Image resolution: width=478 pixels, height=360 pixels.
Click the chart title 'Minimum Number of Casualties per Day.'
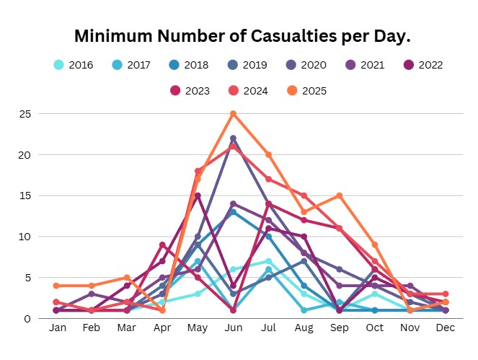point(239,35)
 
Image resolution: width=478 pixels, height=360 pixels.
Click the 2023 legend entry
point(187,91)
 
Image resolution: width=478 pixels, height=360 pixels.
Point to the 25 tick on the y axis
point(25,114)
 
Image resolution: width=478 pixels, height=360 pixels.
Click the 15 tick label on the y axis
point(25,196)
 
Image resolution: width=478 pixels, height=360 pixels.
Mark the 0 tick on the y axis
point(27,318)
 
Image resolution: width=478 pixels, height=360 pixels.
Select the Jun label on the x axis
point(233,329)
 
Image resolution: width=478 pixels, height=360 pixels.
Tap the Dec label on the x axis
point(445,329)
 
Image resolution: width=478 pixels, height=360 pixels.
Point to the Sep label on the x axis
point(339,329)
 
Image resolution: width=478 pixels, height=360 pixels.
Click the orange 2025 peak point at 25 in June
point(233,114)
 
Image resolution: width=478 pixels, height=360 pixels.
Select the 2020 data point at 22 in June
point(233,139)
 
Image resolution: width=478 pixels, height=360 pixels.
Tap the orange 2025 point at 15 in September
point(339,196)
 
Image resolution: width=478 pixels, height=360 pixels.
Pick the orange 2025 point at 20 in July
point(268,154)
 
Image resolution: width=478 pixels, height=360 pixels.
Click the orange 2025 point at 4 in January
point(56,286)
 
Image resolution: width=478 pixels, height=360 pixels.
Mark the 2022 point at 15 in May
point(198,196)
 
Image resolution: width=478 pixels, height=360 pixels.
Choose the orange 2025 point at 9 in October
point(374,245)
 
